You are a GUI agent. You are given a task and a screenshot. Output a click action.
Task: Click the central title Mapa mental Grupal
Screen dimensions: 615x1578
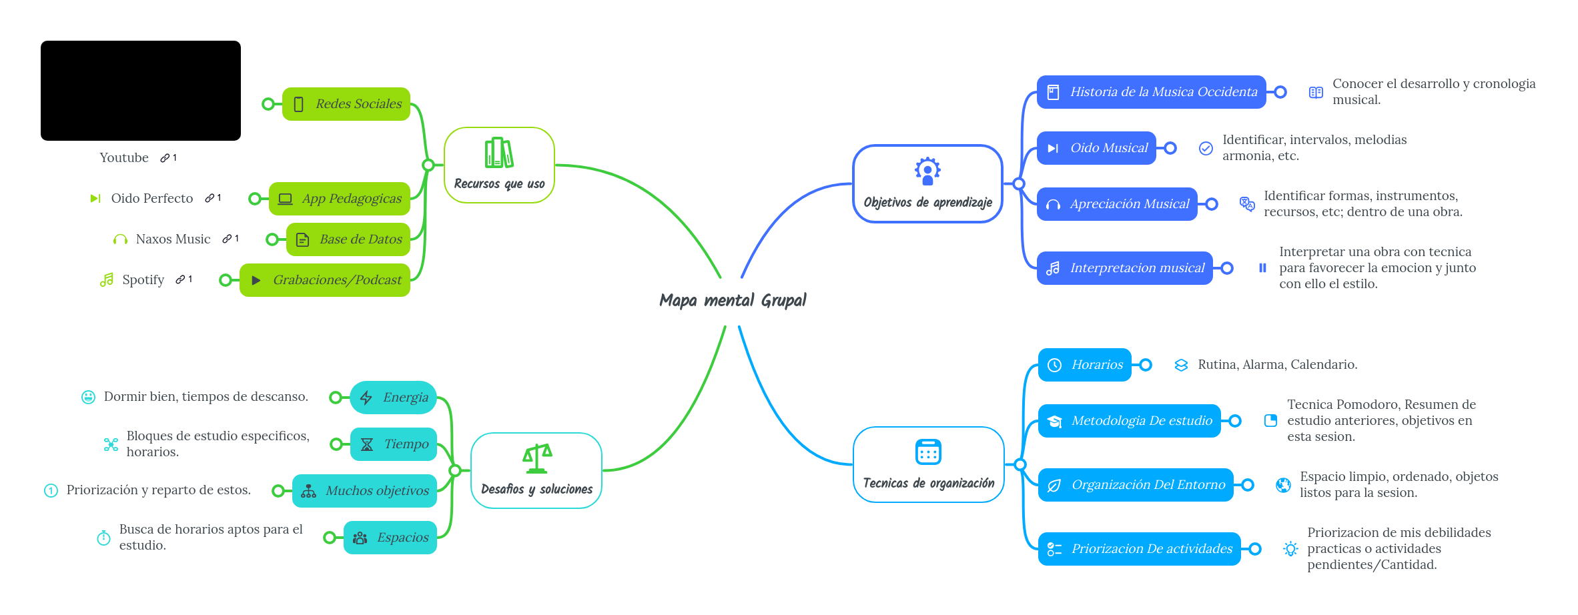733,300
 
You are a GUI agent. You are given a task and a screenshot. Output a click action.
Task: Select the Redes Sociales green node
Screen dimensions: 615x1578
346,104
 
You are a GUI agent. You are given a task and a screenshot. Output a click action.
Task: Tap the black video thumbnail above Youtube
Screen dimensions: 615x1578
141,91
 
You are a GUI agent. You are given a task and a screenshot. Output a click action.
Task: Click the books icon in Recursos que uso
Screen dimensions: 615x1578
499,153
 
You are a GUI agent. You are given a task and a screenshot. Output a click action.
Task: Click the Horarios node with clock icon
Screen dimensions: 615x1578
1084,365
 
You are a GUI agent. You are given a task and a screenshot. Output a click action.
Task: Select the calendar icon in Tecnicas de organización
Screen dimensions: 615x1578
928,452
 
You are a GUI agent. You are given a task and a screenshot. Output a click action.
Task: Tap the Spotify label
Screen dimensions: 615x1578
143,280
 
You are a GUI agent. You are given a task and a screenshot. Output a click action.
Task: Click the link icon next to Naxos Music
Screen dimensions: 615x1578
228,239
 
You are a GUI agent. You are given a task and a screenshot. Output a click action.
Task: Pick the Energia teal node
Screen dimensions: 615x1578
393,398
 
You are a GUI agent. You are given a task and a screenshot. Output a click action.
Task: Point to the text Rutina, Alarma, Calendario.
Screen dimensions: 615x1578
1277,365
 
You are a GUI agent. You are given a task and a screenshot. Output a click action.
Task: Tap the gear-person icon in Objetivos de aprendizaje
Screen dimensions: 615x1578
927,171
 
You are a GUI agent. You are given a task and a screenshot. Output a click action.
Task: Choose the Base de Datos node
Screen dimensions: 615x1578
348,239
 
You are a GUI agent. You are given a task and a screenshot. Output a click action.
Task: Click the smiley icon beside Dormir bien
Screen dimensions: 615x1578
88,397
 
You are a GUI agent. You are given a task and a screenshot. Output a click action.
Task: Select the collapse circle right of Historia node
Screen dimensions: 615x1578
1280,92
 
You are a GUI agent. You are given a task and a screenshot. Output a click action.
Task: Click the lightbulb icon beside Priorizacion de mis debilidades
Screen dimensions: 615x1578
1290,549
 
